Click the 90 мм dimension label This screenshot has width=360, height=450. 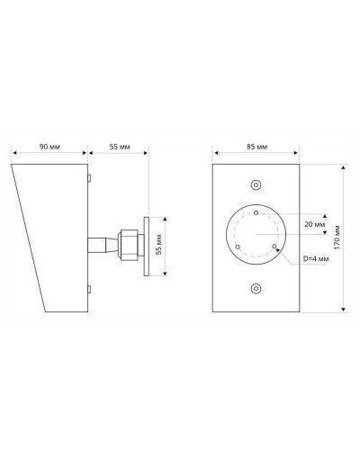(49, 147)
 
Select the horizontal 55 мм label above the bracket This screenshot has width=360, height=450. (120, 147)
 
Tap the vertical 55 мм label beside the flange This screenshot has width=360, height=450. (159, 245)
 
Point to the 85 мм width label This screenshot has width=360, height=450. (257, 147)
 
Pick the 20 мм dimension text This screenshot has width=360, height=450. (315, 224)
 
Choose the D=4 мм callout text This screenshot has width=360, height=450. (316, 258)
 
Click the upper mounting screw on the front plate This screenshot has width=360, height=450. (256, 185)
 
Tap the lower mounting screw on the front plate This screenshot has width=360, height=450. (256, 289)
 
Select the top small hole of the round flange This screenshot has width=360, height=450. (256, 212)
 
